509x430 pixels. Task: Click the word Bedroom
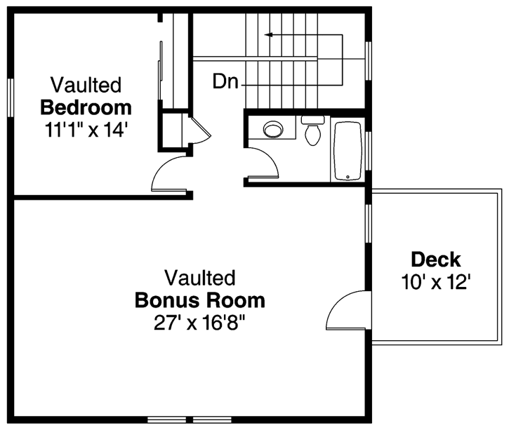[x=86, y=108]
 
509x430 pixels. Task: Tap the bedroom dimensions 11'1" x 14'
[x=86, y=130]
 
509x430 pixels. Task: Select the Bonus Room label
[x=199, y=301]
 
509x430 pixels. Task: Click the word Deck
[x=435, y=260]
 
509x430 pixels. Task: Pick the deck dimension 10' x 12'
[x=435, y=282]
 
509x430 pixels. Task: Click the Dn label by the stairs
[x=226, y=82]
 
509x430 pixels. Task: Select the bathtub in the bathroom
[x=347, y=152]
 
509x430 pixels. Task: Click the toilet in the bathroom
[x=312, y=131]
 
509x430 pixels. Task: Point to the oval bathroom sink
[x=272, y=128]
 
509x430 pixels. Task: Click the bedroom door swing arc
[x=168, y=174]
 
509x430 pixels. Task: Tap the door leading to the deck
[x=349, y=311]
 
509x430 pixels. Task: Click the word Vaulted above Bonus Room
[x=199, y=277]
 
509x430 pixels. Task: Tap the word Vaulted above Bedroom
[x=86, y=86]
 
